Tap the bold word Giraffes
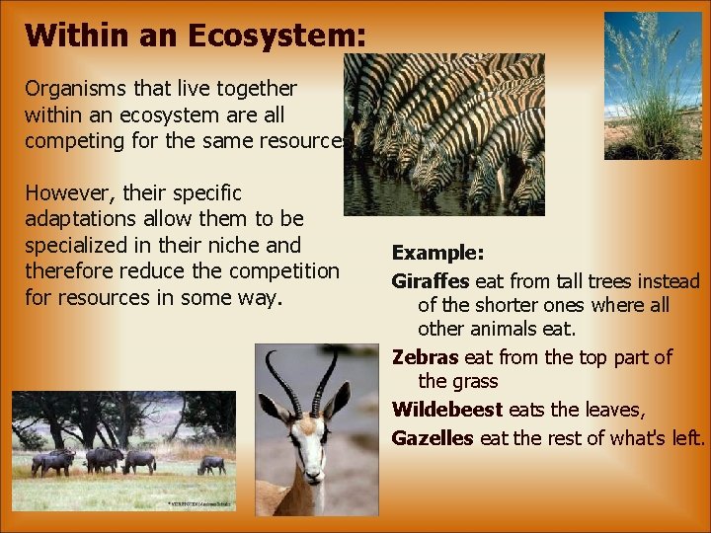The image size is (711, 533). coord(431,281)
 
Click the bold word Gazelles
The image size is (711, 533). coord(433,437)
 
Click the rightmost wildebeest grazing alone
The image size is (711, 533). coord(210,463)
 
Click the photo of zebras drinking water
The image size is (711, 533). coord(443,134)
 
